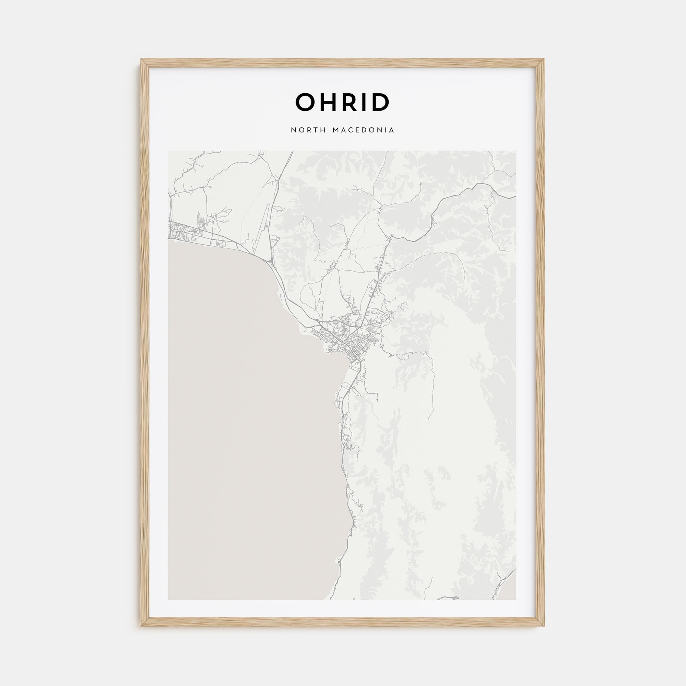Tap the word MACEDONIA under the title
pyautogui.click(x=363, y=130)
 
